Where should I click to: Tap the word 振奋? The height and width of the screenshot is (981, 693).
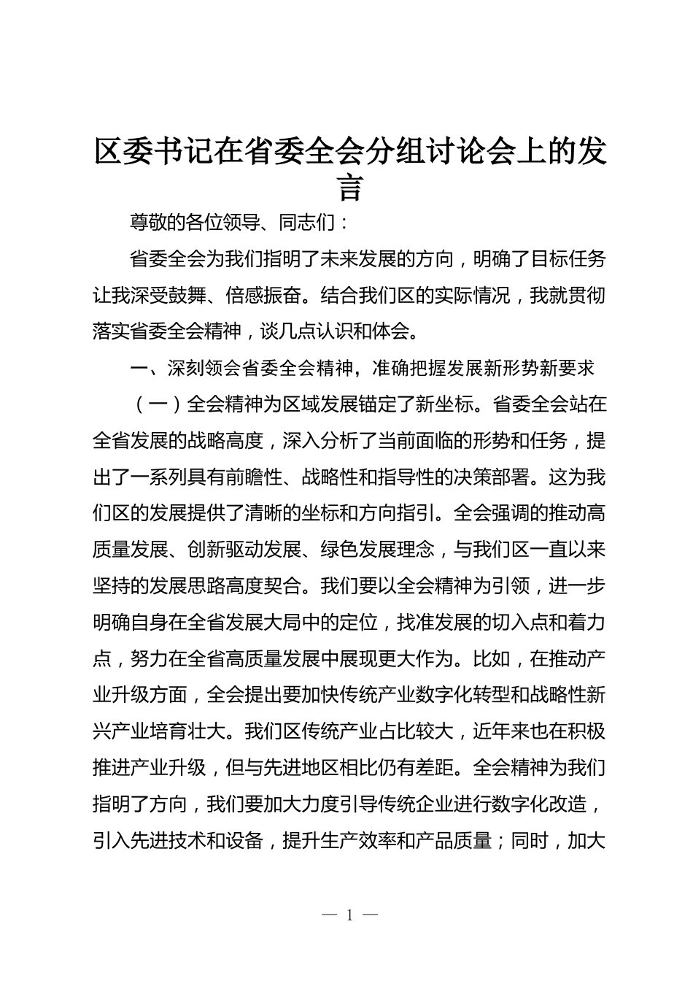click(329, 296)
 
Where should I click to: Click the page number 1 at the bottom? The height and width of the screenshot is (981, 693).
click(350, 915)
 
